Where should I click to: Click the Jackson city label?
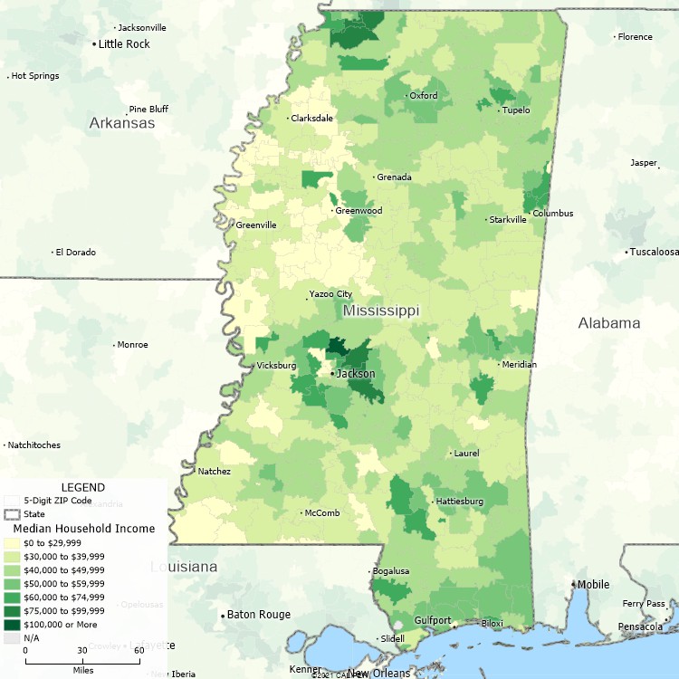pyautogui.click(x=356, y=373)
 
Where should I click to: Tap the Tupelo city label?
pyautogui.click(x=516, y=110)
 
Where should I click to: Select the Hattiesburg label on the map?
pyautogui.click(x=459, y=501)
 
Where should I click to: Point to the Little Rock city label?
pyautogui.click(x=124, y=43)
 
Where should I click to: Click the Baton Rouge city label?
pyautogui.click(x=259, y=615)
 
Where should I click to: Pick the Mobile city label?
pyautogui.click(x=593, y=584)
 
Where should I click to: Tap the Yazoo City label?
pyautogui.click(x=331, y=294)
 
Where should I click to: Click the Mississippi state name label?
pyautogui.click(x=380, y=311)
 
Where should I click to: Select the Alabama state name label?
pyautogui.click(x=609, y=323)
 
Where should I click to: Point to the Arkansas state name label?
pyautogui.click(x=121, y=123)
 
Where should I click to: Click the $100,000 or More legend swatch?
pyautogui.click(x=12, y=625)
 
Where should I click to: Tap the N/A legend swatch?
pyautogui.click(x=12, y=638)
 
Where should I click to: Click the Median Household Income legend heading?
pyautogui.click(x=83, y=529)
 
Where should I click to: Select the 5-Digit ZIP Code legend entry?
pyautogui.click(x=57, y=500)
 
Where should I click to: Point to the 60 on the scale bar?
pyautogui.click(x=139, y=650)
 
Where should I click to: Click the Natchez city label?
pyautogui.click(x=215, y=471)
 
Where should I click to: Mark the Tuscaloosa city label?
pyautogui.click(x=655, y=252)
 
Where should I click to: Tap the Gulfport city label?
pyautogui.click(x=433, y=621)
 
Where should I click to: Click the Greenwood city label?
pyautogui.click(x=359, y=211)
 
